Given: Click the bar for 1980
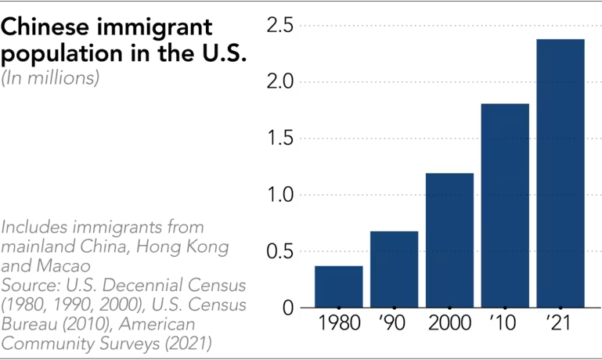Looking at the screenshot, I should tap(339, 286).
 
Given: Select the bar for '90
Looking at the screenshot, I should tap(394, 269).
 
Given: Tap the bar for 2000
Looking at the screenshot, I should tap(449, 240).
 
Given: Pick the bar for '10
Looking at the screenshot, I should tap(505, 205).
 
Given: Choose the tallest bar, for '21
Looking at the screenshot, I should tap(561, 173).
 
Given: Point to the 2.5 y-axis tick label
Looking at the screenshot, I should tap(280, 26).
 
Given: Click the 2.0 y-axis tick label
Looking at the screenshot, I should tap(280, 82).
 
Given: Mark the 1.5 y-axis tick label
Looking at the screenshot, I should tap(280, 139).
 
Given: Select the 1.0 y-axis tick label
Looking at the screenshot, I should tap(280, 195).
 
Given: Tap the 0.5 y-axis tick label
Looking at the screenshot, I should tap(280, 251).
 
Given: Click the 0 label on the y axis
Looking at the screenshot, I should tap(288, 308).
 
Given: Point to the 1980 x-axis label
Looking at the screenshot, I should tap(339, 323).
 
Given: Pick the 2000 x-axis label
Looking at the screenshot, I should tap(449, 323).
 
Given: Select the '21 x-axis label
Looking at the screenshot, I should tap(561, 323).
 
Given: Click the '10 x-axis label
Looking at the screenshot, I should tap(505, 323).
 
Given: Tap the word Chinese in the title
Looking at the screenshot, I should tap(52, 27).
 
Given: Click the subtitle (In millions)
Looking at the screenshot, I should tap(51, 79).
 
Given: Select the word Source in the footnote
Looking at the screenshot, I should tap(27, 283).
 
